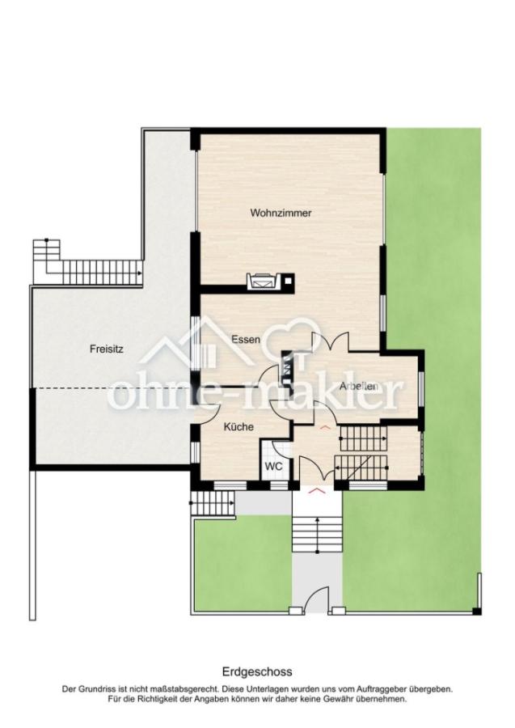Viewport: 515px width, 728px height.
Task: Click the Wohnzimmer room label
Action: point(281,214)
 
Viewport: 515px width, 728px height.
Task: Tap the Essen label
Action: point(245,340)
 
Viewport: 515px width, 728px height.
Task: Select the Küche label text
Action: point(239,427)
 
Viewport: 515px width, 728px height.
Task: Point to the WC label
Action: point(273,467)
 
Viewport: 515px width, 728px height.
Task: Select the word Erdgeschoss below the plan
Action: point(257,671)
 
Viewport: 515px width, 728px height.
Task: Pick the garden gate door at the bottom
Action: point(317,605)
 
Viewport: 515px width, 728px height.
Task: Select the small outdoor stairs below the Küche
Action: point(212,504)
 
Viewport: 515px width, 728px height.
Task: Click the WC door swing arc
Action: point(279,449)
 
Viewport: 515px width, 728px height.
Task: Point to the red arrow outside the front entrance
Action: point(316,490)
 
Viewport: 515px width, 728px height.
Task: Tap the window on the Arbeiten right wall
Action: point(422,387)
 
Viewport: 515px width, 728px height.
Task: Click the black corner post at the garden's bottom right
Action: point(478,608)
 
